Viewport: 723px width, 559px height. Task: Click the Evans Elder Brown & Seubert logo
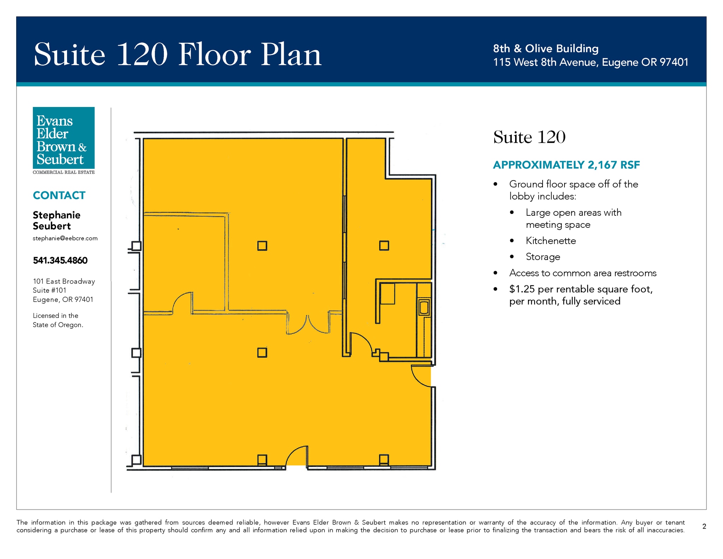coord(64,141)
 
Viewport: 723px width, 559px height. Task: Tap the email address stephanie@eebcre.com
coord(65,238)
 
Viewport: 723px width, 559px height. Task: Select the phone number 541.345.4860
coord(60,260)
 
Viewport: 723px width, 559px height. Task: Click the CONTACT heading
coord(59,195)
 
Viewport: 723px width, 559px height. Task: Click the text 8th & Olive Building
coord(546,48)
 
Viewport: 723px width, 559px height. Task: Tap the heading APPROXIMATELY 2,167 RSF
coord(566,165)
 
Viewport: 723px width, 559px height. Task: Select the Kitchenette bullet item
coord(551,241)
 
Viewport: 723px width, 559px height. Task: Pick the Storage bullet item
coord(543,257)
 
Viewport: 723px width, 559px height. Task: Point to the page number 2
coord(704,526)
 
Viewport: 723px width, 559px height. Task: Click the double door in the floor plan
coord(308,324)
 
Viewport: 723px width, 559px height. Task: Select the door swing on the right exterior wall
coord(421,376)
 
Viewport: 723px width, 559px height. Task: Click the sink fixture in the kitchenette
coord(424,307)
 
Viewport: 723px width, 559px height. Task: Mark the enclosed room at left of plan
coord(185,263)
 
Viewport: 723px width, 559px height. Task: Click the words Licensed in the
coord(55,316)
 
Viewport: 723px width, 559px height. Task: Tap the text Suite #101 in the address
coord(49,290)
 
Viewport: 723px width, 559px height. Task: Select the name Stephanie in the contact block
coord(56,215)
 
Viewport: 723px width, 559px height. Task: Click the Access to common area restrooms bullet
coord(583,273)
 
